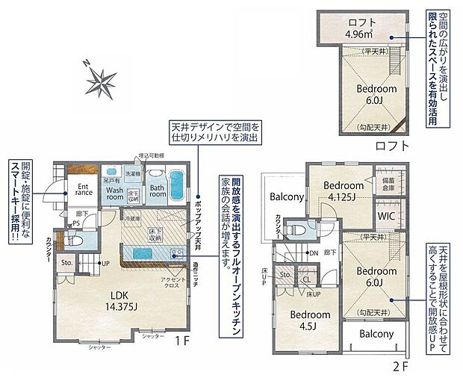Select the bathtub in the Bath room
[176, 182]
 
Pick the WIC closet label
[386, 216]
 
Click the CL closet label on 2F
[306, 279]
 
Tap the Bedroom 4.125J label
[343, 190]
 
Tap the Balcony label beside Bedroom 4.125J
[285, 197]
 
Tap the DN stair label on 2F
[314, 253]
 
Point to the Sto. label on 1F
[66, 263]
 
